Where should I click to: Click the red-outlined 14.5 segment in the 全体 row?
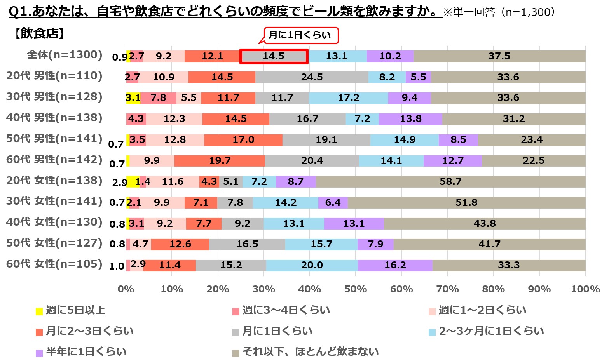pos(274,56)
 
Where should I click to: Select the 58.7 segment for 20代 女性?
pos(450,181)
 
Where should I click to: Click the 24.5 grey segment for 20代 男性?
pos(312,77)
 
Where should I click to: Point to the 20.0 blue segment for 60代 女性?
pos(312,265)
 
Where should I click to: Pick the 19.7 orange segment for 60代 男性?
pos(220,161)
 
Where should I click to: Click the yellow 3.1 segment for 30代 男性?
pos(133,98)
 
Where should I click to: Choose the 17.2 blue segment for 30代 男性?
pos(349,98)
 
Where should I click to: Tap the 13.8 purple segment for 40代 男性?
pos(410,119)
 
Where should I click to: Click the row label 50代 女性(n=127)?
pos(54,243)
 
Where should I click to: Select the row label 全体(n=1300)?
pos(65,55)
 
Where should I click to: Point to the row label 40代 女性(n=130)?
pos(54,222)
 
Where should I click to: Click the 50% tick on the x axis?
pos(356,289)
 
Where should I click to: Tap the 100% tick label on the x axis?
pos(585,289)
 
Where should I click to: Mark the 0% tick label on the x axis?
pos(126,289)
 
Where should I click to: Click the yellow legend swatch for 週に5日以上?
pos(39,311)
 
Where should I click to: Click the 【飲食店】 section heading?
pos(39,34)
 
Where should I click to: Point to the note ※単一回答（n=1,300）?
pos(499,12)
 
